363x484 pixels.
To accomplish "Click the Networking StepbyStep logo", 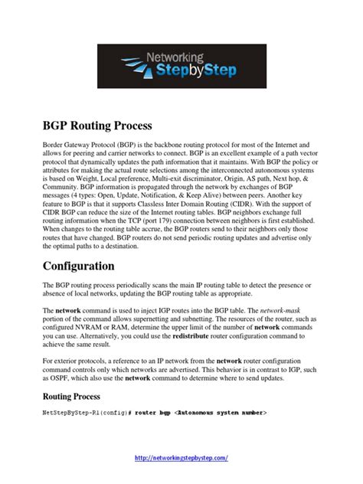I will point(181,67).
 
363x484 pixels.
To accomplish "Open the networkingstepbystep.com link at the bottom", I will point(181,457).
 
